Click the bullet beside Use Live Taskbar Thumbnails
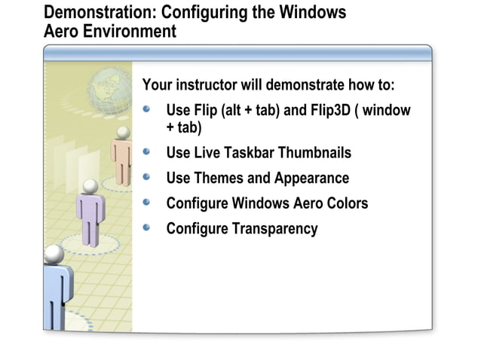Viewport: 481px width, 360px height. [x=148, y=151]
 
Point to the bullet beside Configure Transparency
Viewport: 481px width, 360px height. [x=148, y=227]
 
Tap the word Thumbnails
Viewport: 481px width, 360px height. [x=315, y=153]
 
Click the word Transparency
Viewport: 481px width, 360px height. [x=273, y=228]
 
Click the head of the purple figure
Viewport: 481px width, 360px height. [x=90, y=185]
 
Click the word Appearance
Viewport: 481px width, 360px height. [x=311, y=178]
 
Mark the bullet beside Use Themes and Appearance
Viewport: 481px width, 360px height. [x=148, y=176]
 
